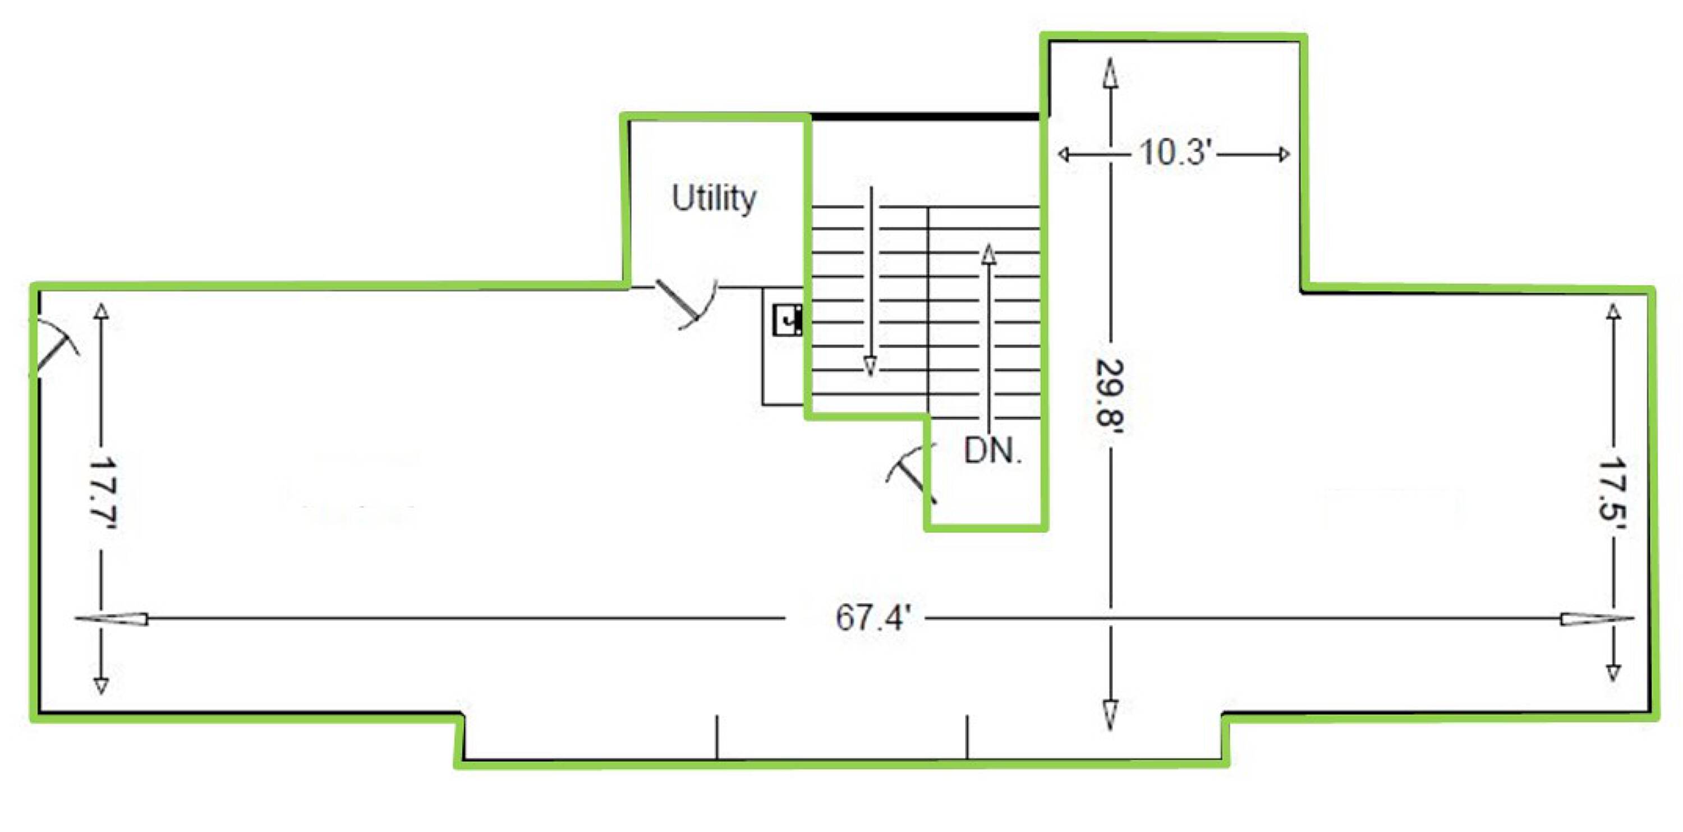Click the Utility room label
(714, 198)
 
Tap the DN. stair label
(992, 451)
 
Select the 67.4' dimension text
(873, 617)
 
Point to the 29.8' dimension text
(1110, 392)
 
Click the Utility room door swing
(687, 304)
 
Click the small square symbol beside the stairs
(787, 320)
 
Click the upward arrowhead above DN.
(989, 255)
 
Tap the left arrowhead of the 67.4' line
(112, 618)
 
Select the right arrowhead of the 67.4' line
(1597, 618)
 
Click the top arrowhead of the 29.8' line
(1110, 72)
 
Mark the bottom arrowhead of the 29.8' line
(1110, 715)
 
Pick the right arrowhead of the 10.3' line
(1284, 154)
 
